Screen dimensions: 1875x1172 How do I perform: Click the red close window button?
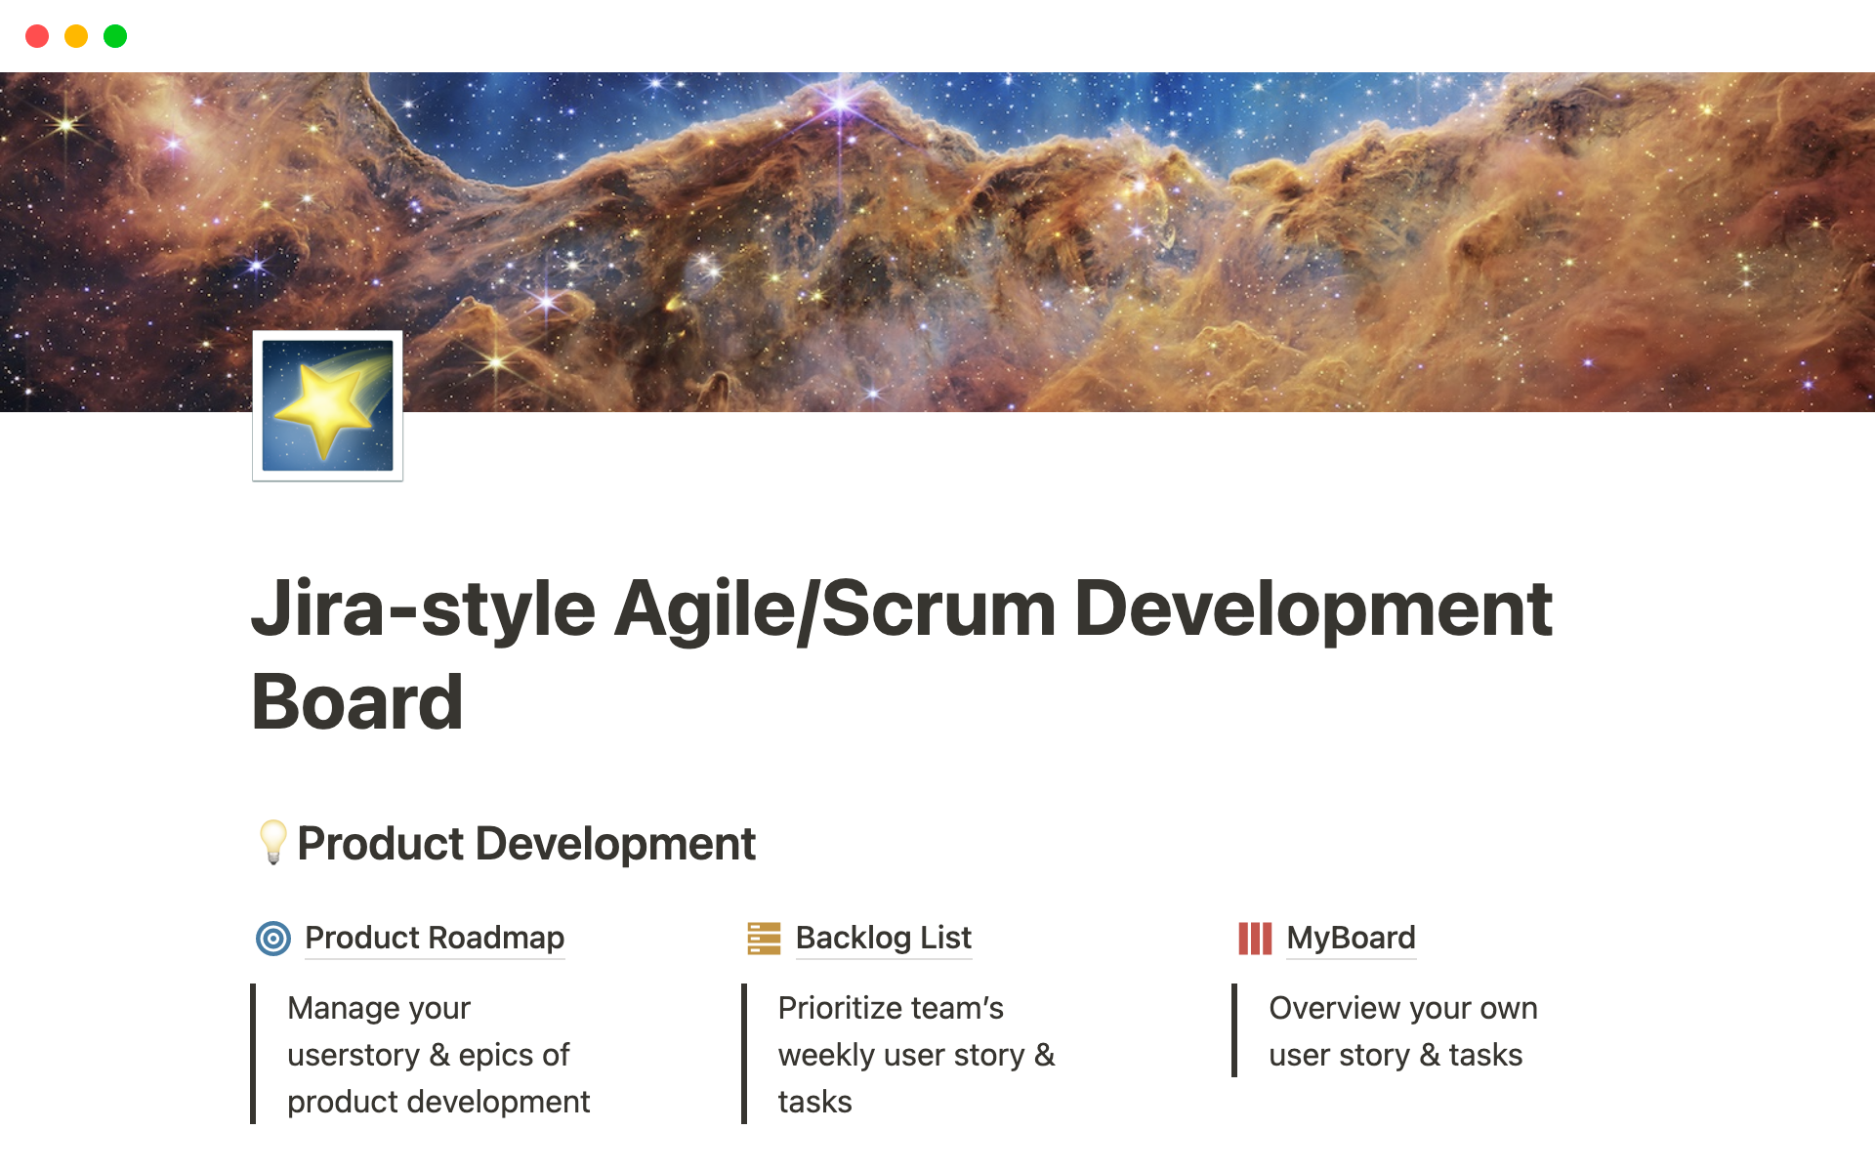(37, 36)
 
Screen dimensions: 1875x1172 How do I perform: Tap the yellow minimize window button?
(76, 36)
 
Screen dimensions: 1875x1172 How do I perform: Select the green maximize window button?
(115, 36)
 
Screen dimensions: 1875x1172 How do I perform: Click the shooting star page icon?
(328, 405)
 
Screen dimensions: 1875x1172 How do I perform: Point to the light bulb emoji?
(272, 842)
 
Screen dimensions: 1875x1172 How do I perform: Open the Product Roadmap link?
(435, 938)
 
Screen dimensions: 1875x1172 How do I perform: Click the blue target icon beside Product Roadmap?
(273, 939)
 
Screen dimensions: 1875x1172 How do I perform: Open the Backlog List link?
(884, 938)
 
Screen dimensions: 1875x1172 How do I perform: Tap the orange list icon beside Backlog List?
(764, 939)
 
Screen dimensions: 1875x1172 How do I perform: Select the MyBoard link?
(1351, 938)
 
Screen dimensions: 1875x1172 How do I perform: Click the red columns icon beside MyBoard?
(1255, 939)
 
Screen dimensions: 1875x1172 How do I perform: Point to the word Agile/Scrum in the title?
(835, 609)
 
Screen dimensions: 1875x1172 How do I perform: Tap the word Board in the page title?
(357, 702)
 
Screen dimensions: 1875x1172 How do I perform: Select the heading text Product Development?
(526, 843)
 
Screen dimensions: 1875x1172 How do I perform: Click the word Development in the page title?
(1313, 609)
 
